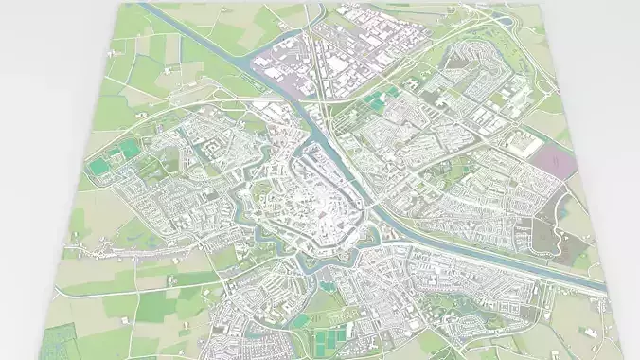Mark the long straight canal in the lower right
pos(511,261)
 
